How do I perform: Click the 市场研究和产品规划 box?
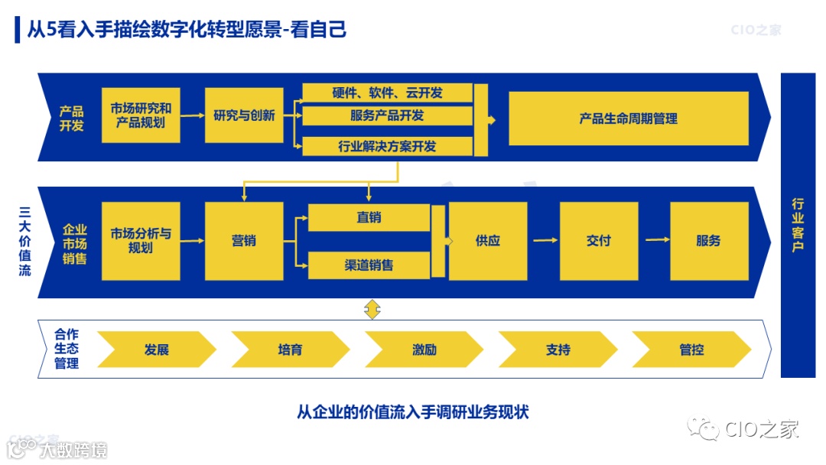(141, 115)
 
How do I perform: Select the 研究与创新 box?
(244, 115)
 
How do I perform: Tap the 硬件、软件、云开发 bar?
(387, 93)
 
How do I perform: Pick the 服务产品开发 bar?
(387, 115)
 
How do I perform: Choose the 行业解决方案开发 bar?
(387, 146)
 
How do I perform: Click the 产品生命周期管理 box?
(628, 119)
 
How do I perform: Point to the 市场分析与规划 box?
(141, 241)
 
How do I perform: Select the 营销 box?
(244, 241)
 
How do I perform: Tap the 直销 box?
(369, 217)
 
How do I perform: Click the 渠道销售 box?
(369, 265)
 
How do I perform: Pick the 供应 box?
(487, 241)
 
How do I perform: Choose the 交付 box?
(598, 241)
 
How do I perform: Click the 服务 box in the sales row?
(708, 241)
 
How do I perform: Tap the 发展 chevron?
(156, 350)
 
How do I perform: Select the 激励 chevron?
(424, 350)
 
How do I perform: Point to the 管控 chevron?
(691, 350)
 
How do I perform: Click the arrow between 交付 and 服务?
(656, 240)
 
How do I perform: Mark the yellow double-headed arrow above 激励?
(372, 310)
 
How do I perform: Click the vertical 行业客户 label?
(798, 225)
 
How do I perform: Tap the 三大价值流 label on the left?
(24, 240)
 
